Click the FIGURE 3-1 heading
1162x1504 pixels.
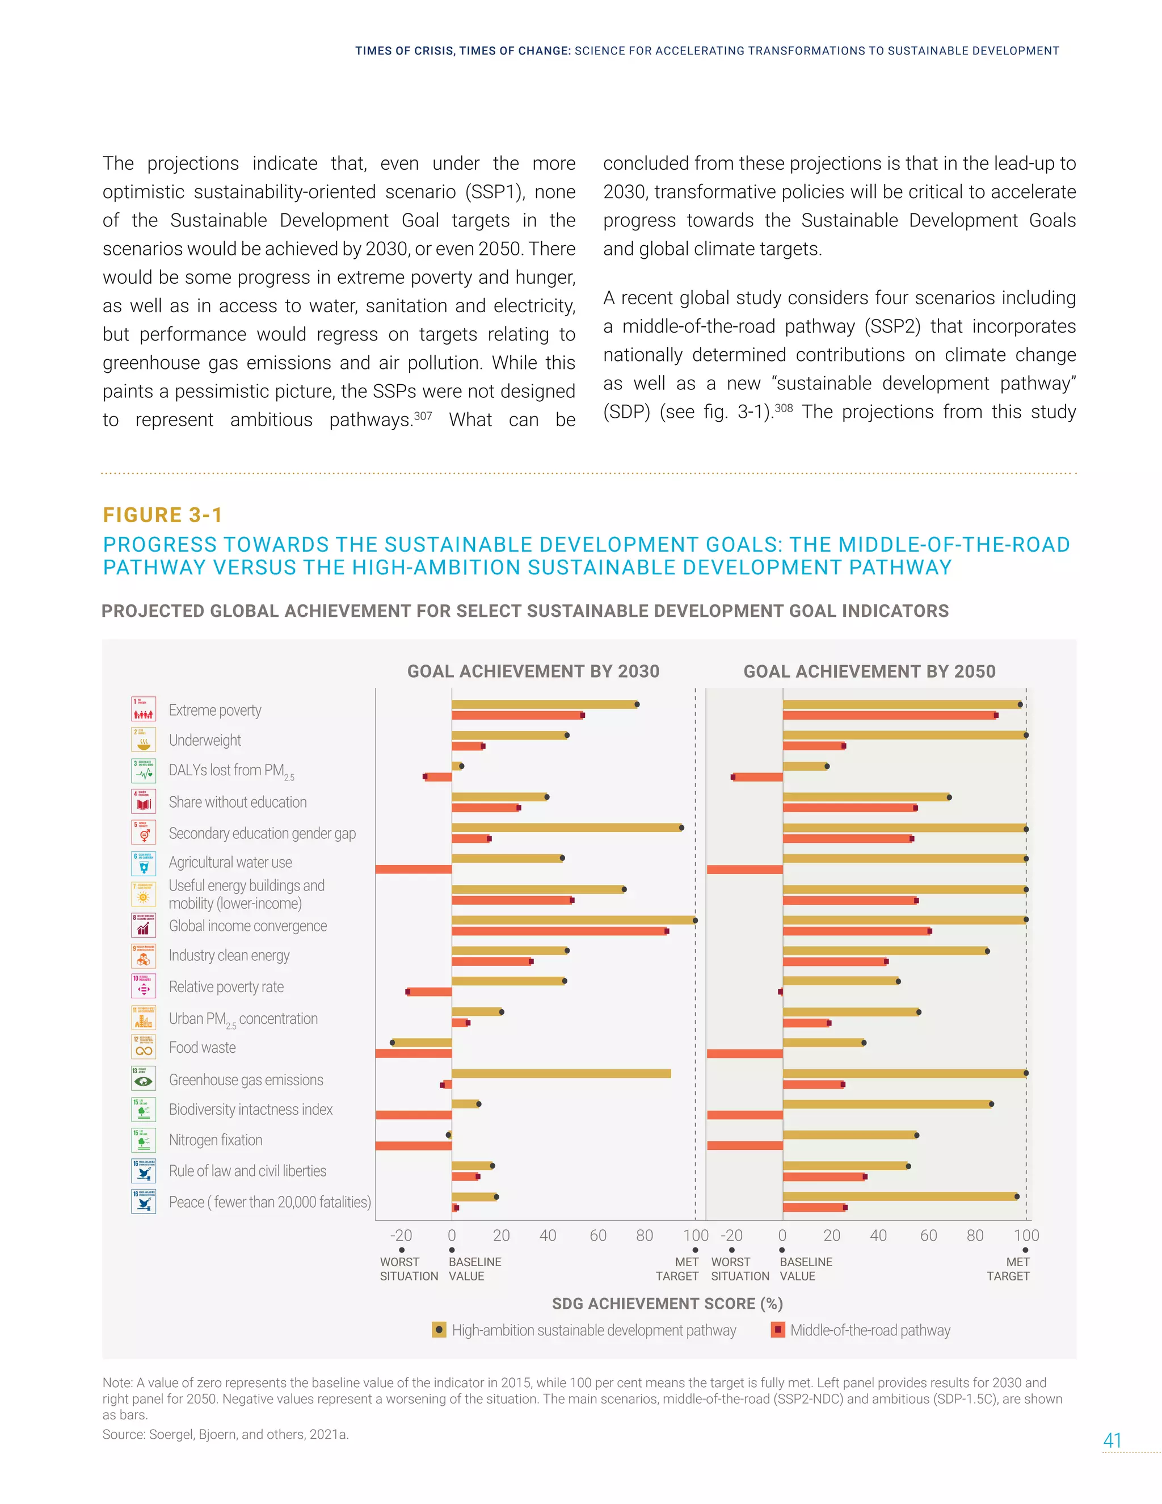[x=162, y=515]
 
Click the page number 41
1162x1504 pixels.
[x=1113, y=1440]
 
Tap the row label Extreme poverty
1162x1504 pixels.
[x=215, y=710]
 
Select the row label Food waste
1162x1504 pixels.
[x=203, y=1048]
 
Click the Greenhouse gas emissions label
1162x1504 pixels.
[x=246, y=1080]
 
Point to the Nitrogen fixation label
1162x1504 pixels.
[x=216, y=1140]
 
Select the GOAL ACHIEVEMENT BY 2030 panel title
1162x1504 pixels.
[x=533, y=671]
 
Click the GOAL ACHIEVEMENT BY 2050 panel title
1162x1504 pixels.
[x=869, y=671]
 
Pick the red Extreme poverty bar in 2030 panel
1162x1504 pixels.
[x=516, y=716]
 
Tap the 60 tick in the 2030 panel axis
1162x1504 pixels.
[x=597, y=1236]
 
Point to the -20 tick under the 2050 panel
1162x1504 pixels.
[x=732, y=1236]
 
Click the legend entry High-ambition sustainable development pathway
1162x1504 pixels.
[x=593, y=1330]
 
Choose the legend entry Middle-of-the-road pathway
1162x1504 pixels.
[x=869, y=1330]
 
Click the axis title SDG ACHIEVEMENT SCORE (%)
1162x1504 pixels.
[x=667, y=1304]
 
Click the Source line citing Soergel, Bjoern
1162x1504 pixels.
[x=226, y=1434]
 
